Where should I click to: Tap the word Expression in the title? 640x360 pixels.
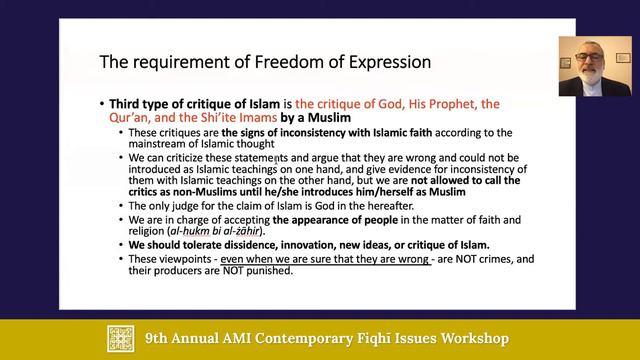pos(388,62)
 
